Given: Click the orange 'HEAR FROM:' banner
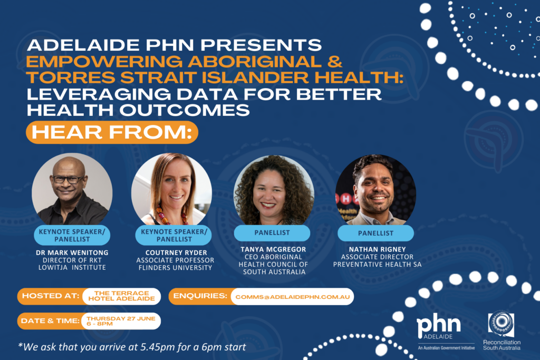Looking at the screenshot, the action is click(x=112, y=132).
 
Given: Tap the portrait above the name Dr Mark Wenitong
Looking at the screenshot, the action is click(x=72, y=189).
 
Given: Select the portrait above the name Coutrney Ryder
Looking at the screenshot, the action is click(x=171, y=189).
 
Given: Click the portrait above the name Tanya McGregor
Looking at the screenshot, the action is click(x=274, y=190).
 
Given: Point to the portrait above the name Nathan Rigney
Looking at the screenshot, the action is click(x=375, y=190).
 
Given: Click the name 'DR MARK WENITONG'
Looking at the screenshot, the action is click(x=72, y=252).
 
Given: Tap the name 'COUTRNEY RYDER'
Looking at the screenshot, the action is click(x=176, y=252).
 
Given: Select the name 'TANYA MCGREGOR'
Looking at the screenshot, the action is click(x=274, y=249).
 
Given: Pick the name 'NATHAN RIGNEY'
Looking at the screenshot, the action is click(x=378, y=249).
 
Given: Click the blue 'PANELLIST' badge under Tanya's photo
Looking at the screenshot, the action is click(x=272, y=233).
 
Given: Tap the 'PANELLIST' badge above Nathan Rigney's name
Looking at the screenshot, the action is click(x=375, y=233).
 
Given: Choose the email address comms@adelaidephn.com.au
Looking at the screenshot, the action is click(x=292, y=297).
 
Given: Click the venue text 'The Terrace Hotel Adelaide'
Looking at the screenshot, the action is click(x=122, y=296).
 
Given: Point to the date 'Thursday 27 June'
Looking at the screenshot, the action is click(x=121, y=318).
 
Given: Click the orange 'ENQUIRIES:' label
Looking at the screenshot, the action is click(x=200, y=296).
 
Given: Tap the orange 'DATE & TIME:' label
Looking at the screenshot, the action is click(x=50, y=321).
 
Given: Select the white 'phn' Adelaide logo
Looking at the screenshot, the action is click(x=439, y=326).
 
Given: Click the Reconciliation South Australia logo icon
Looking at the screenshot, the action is click(x=501, y=324).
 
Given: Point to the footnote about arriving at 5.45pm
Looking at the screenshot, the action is click(x=132, y=347).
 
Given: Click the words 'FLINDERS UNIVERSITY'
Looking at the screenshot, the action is click(x=175, y=268).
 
